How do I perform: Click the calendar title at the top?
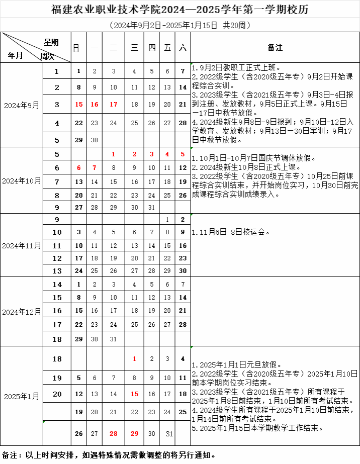180,9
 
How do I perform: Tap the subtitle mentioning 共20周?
180,25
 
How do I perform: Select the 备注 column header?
275,47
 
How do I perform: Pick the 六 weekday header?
183,47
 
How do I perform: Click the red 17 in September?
114,105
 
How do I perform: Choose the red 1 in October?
114,154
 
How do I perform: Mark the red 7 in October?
94,167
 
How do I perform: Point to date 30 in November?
183,270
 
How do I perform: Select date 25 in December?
134,325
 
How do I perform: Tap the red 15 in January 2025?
134,394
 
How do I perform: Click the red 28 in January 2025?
114,433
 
